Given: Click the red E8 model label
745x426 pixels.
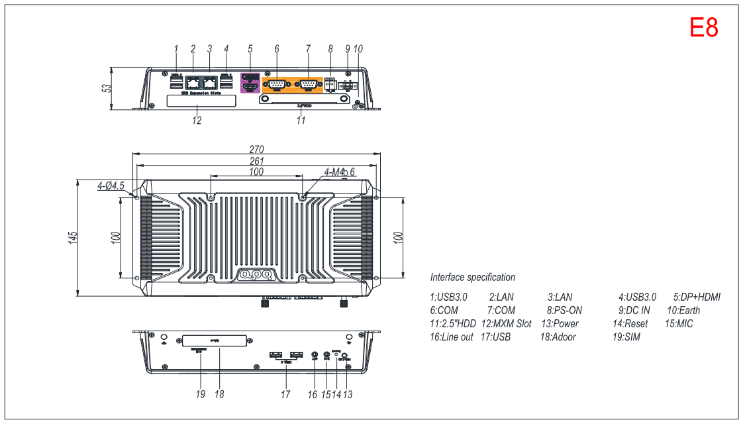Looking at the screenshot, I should click(703, 27).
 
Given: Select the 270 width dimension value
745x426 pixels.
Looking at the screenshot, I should click(256, 149).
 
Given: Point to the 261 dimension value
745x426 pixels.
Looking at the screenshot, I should click(256, 161).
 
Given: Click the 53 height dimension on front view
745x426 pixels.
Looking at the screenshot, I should click(107, 88).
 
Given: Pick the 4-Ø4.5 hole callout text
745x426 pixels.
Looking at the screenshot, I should click(111, 186).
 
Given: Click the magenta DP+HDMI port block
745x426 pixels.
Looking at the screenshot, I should click(250, 83).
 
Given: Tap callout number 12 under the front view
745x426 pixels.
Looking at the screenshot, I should click(197, 121).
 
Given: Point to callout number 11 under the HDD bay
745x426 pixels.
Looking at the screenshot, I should click(301, 121).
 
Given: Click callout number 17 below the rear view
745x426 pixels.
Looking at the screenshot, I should click(285, 394).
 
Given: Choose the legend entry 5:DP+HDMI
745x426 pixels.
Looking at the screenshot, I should click(697, 297).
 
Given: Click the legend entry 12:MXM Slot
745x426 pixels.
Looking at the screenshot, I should click(506, 323).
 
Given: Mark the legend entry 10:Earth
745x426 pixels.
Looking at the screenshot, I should click(683, 310).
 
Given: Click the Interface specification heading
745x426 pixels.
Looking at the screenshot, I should click(472, 277).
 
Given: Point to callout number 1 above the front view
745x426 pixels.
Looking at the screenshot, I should click(177, 48).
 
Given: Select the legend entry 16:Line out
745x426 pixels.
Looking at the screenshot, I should click(452, 337).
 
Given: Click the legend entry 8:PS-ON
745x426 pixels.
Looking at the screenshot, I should click(564, 310).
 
